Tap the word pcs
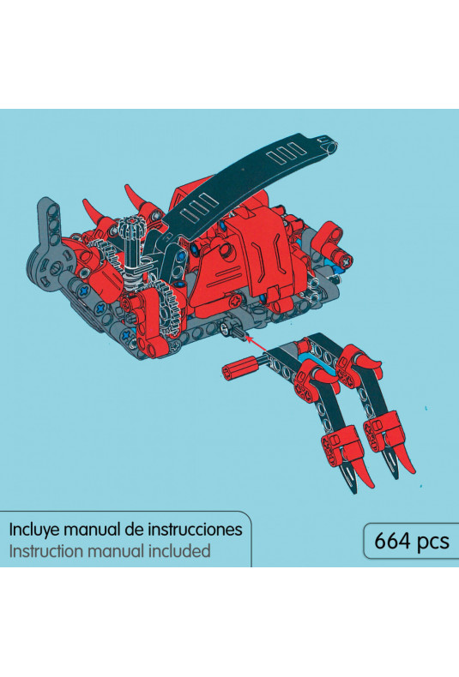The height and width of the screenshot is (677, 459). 431,542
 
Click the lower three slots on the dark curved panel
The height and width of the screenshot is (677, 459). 198,207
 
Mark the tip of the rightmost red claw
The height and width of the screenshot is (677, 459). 414,471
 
